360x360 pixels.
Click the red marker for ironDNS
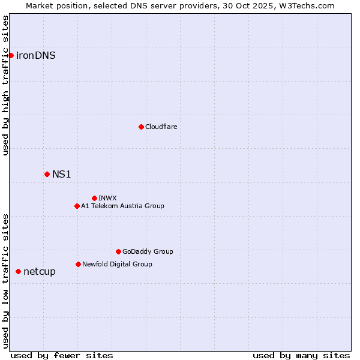(11, 56)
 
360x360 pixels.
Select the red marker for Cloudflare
(141, 127)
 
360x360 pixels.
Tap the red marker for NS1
(47, 174)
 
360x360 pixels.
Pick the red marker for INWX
(94, 198)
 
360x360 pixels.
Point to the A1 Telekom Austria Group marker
(77, 206)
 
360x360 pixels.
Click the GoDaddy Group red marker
(118, 251)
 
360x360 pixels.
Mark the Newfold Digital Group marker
(78, 264)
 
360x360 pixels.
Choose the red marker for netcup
(18, 272)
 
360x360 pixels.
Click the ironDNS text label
(36, 56)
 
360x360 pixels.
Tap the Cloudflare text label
(161, 127)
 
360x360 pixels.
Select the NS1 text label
(62, 174)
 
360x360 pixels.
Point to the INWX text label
(107, 198)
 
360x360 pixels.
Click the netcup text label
(40, 272)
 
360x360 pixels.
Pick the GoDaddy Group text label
(148, 251)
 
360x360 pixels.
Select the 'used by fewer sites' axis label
(62, 355)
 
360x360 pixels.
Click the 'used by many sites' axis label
(301, 355)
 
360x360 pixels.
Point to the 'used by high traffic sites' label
(5, 85)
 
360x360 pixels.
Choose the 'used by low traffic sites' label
(5, 281)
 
